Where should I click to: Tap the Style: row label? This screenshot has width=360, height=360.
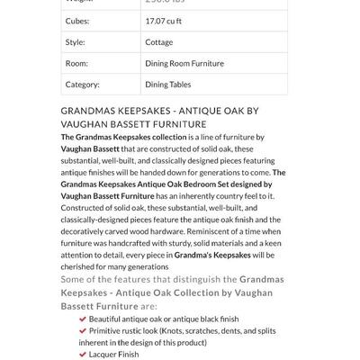pyautogui.click(x=76, y=41)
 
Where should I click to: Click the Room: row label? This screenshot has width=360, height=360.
pyautogui.click(x=76, y=63)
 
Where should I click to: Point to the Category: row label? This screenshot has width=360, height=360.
pyautogui.click(x=83, y=85)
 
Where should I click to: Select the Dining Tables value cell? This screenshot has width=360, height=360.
pyautogui.click(x=169, y=85)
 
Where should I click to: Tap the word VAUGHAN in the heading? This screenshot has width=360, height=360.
pyautogui.click(x=87, y=124)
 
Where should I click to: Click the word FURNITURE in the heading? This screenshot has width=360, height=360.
pyautogui.click(x=176, y=124)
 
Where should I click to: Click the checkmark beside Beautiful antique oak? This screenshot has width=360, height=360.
pyautogui.click(x=83, y=319)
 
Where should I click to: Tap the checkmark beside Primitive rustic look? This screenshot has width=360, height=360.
pyautogui.click(x=83, y=330)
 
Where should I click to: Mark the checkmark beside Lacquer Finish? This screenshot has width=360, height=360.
pyautogui.click(x=83, y=354)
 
